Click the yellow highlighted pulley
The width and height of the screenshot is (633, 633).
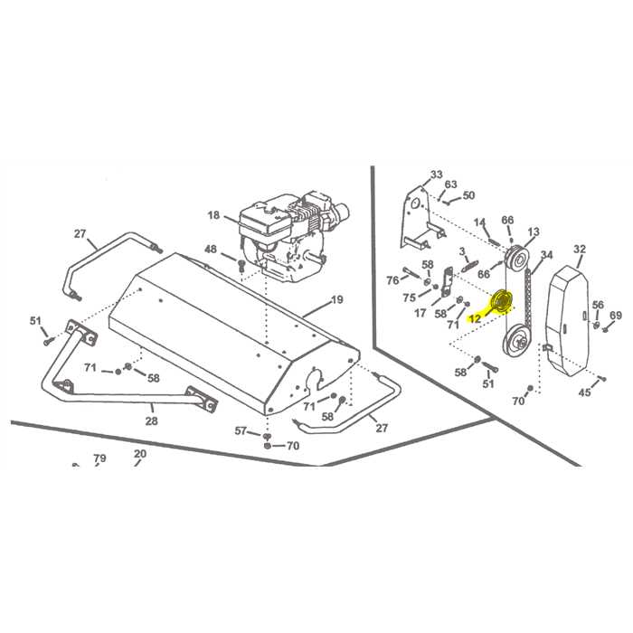coord(500,301)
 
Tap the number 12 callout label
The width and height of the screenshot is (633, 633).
coord(475,318)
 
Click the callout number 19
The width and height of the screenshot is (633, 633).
coord(337,299)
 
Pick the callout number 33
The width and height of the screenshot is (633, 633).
coord(437,175)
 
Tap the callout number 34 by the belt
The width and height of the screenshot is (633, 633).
coord(546,255)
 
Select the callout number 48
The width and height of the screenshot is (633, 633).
coord(210,250)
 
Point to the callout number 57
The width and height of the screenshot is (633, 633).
coord(241,430)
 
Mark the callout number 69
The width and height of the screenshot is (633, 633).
coord(616,316)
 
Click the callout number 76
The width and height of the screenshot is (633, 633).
coord(392,279)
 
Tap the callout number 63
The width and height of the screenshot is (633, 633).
coord(450,184)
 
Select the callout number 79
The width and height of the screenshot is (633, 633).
coord(99,458)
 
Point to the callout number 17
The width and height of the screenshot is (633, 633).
coord(420,313)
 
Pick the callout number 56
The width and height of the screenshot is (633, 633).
coord(598,305)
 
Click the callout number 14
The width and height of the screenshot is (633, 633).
coord(480,222)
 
